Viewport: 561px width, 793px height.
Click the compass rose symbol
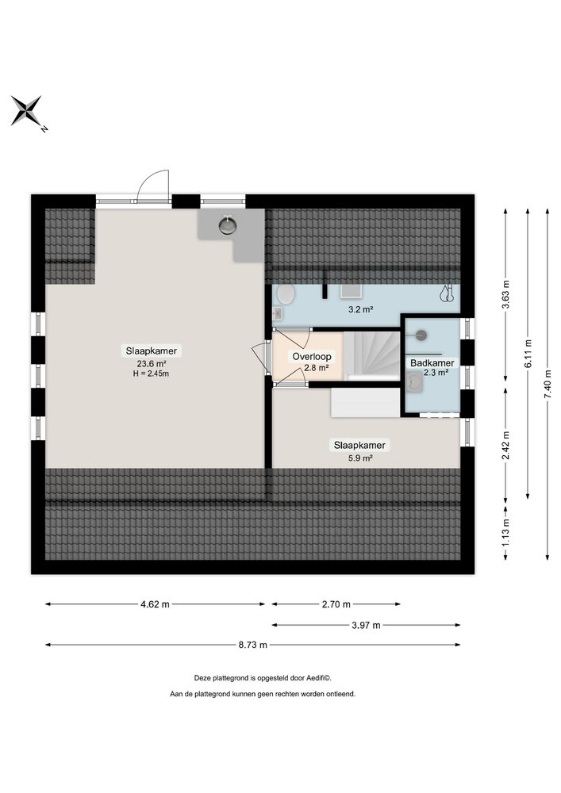pos(26,111)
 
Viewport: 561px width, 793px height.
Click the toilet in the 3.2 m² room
pos(286,295)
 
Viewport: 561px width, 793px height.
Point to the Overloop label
pos(312,357)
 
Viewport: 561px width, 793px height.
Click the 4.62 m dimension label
pos(155,604)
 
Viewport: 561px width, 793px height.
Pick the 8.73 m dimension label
pos(252,645)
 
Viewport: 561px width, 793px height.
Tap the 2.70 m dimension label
pos(335,604)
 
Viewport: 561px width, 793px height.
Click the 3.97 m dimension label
pos(366,625)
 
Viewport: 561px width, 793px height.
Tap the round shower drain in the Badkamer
pos(421,335)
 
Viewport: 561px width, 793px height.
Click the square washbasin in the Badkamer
pos(414,383)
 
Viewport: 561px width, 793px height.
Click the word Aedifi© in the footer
pos(317,678)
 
